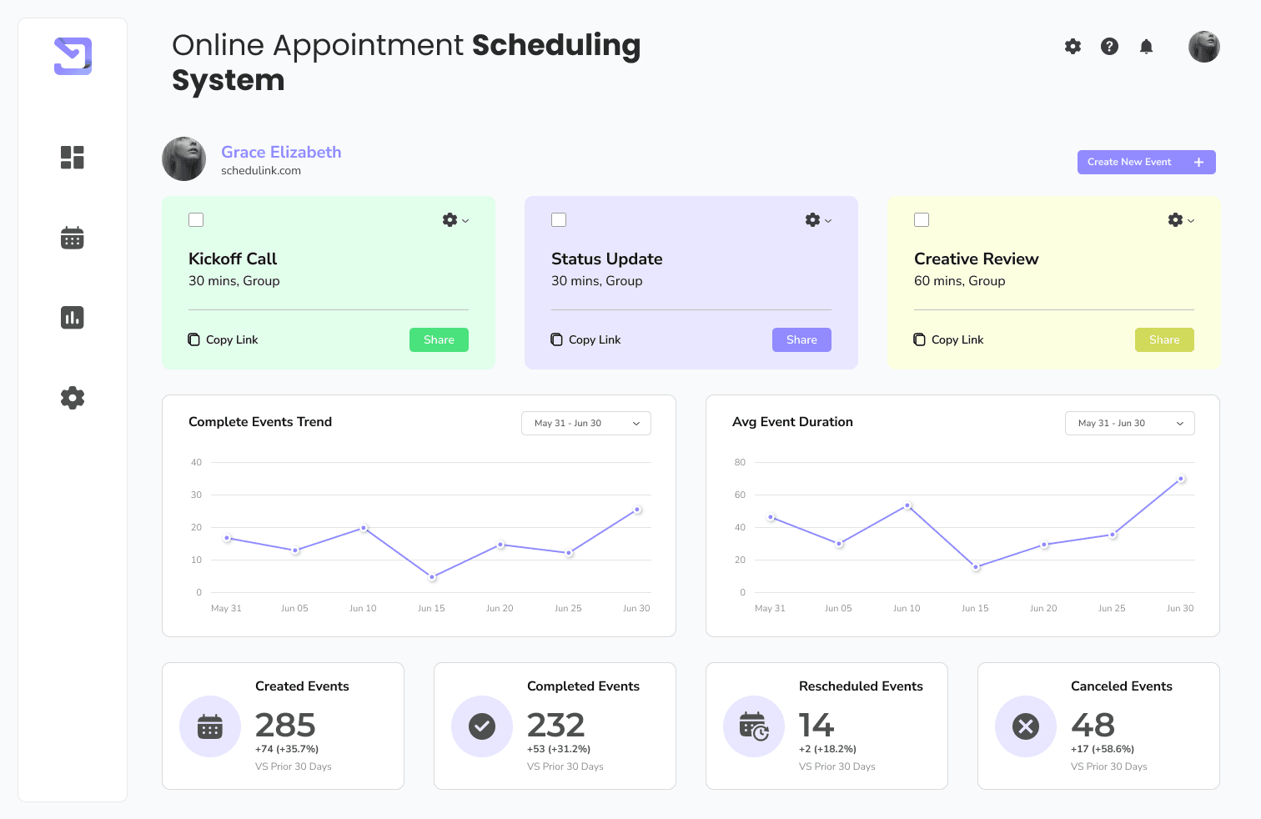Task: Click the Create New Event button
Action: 1145,162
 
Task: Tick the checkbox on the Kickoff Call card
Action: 196,220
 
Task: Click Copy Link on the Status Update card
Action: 585,339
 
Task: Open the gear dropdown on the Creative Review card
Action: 1180,220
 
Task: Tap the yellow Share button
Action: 1163,339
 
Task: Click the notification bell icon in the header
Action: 1146,47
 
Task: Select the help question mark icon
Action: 1109,47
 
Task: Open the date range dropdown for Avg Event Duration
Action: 1129,423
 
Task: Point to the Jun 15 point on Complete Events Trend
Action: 432,577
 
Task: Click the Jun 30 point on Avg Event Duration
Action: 1181,479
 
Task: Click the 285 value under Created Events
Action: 285,725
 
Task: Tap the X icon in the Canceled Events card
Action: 1025,726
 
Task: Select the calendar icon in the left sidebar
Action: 73,238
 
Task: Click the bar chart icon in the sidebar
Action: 73,318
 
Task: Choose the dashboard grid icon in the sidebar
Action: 73,158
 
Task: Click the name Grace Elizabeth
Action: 281,152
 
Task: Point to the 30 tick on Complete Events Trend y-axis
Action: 196,495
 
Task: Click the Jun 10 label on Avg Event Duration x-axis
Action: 907,608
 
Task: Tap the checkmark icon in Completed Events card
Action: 481,726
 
